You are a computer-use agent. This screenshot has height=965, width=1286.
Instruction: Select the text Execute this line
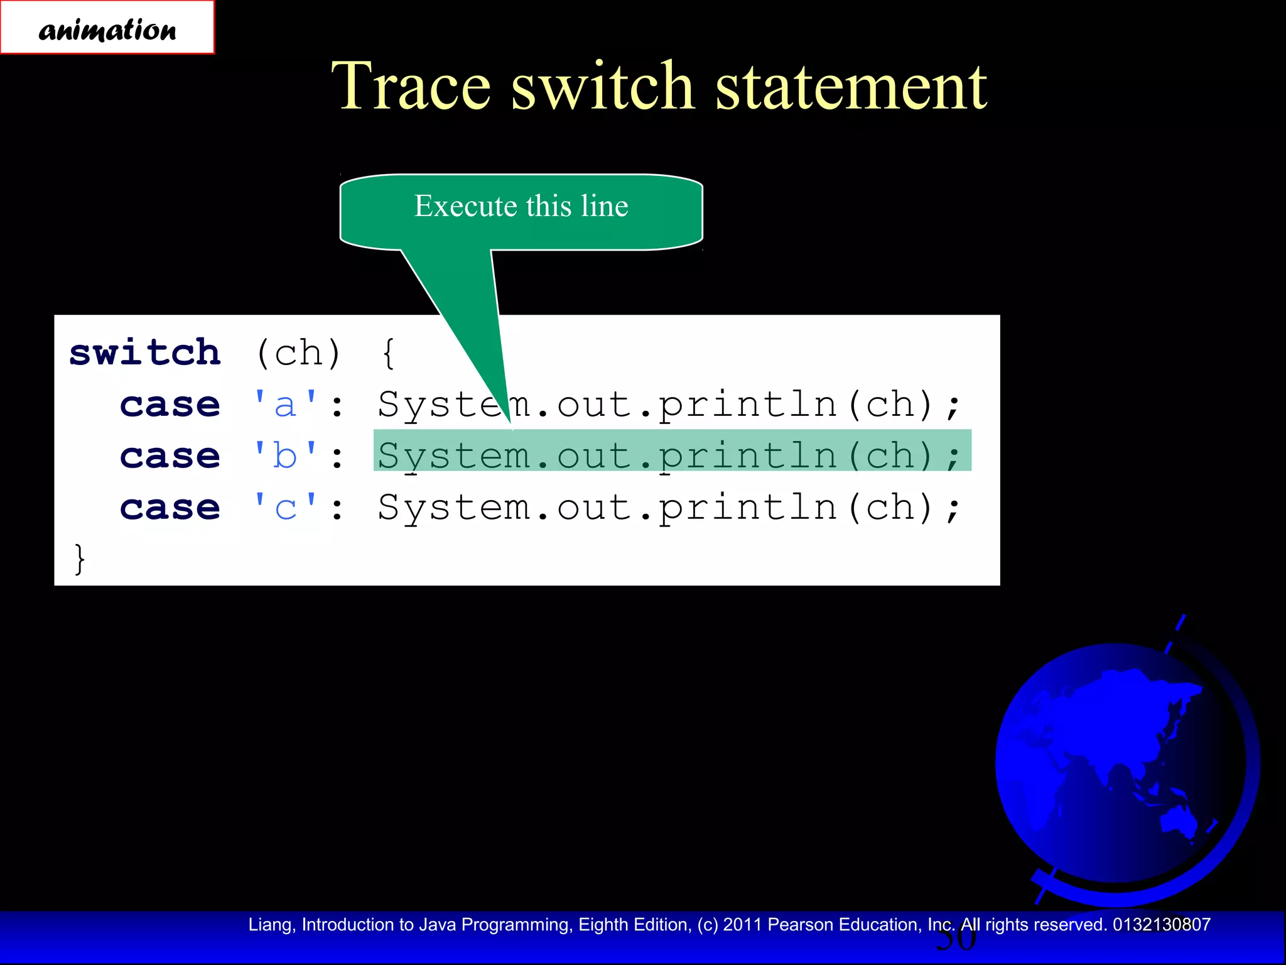coord(521,206)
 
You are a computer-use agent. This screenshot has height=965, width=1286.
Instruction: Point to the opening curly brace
coord(389,353)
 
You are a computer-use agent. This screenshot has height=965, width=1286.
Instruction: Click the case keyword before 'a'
coord(170,404)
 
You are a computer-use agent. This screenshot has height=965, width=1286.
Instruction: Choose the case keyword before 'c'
coord(170,507)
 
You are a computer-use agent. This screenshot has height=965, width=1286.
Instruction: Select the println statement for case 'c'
coord(669,507)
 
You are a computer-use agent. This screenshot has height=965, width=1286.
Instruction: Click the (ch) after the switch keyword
coord(298,353)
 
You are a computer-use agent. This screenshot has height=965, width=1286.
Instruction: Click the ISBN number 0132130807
coord(1162,925)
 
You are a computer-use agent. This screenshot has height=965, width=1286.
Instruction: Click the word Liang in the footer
coord(269,925)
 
